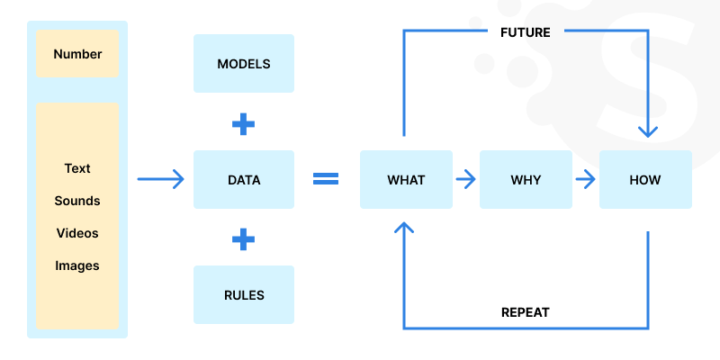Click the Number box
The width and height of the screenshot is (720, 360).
click(77, 54)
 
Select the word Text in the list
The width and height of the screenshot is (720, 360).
click(77, 168)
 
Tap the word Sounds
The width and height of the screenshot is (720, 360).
click(77, 201)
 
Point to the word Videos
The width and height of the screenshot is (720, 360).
click(77, 233)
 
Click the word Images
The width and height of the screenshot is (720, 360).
click(77, 265)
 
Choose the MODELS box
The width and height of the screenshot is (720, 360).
click(244, 64)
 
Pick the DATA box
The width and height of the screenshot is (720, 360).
click(244, 180)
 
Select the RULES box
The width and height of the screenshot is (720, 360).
click(244, 295)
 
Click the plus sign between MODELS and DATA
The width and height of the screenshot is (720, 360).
click(243, 123)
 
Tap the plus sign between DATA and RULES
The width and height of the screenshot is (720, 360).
click(243, 238)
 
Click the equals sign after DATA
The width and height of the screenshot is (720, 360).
click(325, 179)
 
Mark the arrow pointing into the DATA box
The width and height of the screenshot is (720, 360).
click(161, 179)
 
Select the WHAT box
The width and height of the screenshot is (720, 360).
click(406, 180)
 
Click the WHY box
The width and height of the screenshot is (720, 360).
click(526, 180)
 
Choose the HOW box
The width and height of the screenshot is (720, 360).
click(645, 180)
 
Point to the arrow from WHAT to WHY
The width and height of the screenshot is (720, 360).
click(465, 179)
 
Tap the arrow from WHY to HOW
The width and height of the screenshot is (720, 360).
click(585, 179)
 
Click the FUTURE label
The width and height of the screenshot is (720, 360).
click(525, 31)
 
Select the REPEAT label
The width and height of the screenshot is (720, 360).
click(525, 312)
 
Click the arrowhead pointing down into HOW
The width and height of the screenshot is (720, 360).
click(647, 131)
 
